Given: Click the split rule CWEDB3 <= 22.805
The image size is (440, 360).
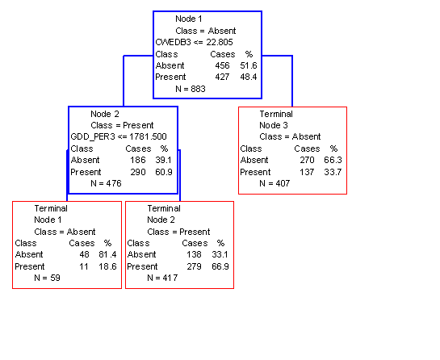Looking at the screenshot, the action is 195,42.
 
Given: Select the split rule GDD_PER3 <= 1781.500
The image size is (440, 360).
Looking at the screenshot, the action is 119,136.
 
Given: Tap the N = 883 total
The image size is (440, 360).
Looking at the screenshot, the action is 191,89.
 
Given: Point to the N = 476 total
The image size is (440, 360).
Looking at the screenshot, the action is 106,183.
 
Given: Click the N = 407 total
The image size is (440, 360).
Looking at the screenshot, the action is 274,183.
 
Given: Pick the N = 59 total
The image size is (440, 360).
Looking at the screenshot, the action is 47,278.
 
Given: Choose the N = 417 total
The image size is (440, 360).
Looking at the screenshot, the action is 162,278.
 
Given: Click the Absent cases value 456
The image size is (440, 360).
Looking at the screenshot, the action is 222,65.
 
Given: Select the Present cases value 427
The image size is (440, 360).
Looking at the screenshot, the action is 222,77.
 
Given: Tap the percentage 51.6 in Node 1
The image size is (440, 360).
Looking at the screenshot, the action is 249,65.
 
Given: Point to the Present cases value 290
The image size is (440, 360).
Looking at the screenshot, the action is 138,172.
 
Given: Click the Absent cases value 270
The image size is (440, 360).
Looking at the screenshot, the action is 307,160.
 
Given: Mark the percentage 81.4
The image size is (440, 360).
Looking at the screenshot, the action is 107,254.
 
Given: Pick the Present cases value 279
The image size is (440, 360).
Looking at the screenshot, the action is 195,266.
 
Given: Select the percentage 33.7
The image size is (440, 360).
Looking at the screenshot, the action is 333,172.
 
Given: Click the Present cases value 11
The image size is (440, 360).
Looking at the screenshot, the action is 84,266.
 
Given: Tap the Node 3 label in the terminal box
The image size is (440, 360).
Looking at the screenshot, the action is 274,125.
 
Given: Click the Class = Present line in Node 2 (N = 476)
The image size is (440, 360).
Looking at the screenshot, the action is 122,125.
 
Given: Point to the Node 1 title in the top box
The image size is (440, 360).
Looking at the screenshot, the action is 189,19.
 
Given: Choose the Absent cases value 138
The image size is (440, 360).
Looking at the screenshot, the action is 194,254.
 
